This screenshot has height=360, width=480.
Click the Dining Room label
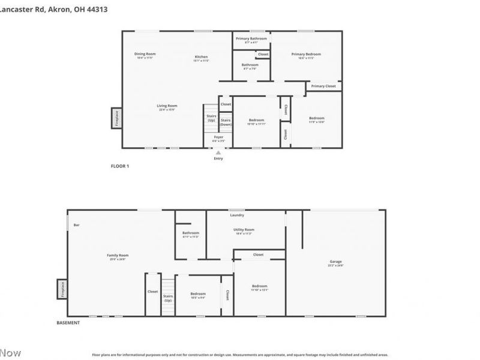point(145,54)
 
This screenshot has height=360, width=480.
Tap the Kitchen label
point(201,57)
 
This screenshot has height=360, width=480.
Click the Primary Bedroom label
point(306,54)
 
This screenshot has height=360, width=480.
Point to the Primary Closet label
point(323,86)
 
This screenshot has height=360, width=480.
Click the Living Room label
point(167,106)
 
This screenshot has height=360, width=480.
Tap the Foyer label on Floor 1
point(218,137)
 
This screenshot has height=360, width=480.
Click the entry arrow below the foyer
point(218,152)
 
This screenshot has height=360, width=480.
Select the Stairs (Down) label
point(226,122)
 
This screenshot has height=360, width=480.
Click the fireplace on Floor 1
point(116,118)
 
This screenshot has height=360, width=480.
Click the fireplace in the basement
point(61,289)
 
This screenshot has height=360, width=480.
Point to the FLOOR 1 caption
point(120,166)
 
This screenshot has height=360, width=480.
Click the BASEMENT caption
point(68,323)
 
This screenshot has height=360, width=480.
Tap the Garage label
point(335,262)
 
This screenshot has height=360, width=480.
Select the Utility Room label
point(244,230)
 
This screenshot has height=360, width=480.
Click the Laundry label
point(237,215)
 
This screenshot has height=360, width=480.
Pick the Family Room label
point(118,255)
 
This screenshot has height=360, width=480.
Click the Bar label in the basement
point(76,225)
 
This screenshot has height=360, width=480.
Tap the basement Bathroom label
point(191,233)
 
